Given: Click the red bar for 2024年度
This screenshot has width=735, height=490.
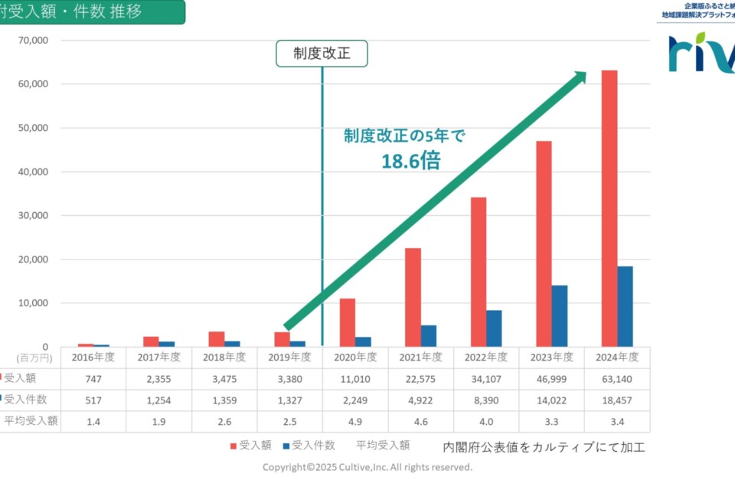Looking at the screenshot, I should coord(609,208).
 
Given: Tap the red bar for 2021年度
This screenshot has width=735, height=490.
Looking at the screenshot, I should coord(413,297).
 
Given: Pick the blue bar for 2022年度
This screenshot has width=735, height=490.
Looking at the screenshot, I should coord(494,328).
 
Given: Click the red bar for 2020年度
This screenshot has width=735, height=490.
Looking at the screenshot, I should coord(348,322).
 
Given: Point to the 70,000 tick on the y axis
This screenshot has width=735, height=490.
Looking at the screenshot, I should coord(33,40).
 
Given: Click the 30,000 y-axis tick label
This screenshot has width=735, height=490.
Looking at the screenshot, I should coord(33,215).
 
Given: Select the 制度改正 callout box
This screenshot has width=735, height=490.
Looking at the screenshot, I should coord(322,54).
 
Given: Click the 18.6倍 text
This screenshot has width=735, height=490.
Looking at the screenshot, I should coord(411,160).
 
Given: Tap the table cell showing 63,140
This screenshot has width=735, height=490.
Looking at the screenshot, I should coord(617,377).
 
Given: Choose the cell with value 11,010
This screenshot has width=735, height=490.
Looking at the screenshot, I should coord(355,377).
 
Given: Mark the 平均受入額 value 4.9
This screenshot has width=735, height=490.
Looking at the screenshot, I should coord(355,421).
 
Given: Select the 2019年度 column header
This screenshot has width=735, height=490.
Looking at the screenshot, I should coord(289,357).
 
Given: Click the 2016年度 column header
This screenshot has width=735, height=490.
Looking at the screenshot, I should coord(93,357).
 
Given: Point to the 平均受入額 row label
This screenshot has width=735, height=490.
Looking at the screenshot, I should coord(31,421).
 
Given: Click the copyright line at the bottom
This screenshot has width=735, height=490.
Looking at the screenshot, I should coord(367,467).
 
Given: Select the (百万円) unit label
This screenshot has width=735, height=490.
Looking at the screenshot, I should coord(32,357).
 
